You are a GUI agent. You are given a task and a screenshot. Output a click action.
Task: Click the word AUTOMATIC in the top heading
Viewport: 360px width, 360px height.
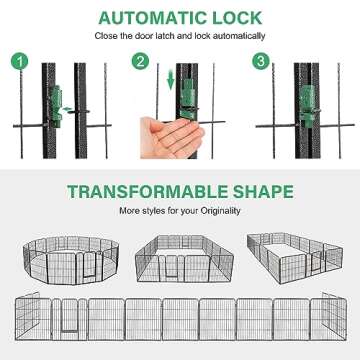[148, 18]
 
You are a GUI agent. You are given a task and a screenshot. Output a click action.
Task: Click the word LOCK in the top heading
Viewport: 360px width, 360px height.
[233, 18]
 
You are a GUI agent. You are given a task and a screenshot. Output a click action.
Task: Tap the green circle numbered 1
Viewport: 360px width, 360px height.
[19, 62]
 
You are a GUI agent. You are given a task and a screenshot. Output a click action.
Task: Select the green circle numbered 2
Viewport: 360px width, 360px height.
[140, 61]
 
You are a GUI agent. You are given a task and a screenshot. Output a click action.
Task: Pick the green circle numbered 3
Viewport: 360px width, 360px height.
[260, 61]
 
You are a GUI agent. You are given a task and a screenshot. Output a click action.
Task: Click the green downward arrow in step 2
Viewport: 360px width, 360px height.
[171, 80]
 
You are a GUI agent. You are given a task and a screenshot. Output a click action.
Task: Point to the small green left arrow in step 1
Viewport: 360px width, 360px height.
[68, 109]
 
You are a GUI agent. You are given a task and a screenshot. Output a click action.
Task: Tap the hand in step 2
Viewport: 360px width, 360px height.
[171, 137]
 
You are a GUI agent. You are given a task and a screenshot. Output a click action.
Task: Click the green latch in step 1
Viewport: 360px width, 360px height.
[56, 106]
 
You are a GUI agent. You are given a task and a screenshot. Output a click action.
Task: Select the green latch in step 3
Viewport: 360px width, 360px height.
[308, 107]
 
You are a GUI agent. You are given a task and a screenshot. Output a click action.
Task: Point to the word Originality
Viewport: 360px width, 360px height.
[220, 211]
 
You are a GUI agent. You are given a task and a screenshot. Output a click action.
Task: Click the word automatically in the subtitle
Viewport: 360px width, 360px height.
[239, 36]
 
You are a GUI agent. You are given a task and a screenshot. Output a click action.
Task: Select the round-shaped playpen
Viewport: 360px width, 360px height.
[71, 260]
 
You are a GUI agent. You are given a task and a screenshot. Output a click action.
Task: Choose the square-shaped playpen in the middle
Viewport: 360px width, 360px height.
[184, 259]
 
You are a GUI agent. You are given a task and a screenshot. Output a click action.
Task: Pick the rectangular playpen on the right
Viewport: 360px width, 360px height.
[295, 258]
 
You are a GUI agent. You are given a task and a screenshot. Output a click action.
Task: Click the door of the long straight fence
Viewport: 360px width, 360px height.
[70, 319]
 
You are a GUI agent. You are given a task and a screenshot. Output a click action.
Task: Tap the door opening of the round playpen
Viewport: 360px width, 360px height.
[89, 264]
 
